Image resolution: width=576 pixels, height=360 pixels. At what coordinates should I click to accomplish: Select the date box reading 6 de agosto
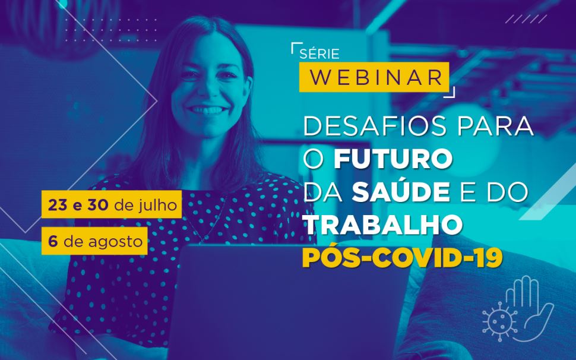click(x=94, y=242)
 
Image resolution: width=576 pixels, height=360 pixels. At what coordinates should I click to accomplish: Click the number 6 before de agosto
click(x=53, y=242)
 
